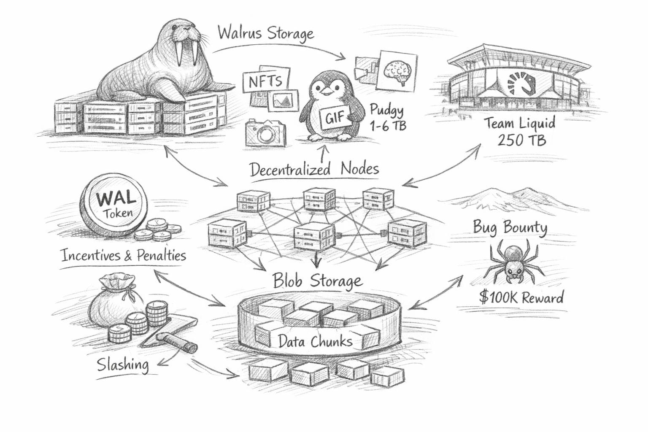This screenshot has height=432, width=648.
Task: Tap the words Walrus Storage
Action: pos(266,33)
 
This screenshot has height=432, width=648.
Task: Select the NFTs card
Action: pos(265,81)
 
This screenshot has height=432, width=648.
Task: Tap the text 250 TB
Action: pos(521,139)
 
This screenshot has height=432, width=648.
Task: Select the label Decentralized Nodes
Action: pos(314,169)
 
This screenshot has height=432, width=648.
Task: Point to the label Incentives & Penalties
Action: pos(123,255)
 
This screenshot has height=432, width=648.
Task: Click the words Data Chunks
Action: pos(316,341)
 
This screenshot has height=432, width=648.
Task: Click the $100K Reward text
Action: pos(521,297)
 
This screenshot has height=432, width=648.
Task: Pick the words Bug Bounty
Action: pos(510,227)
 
